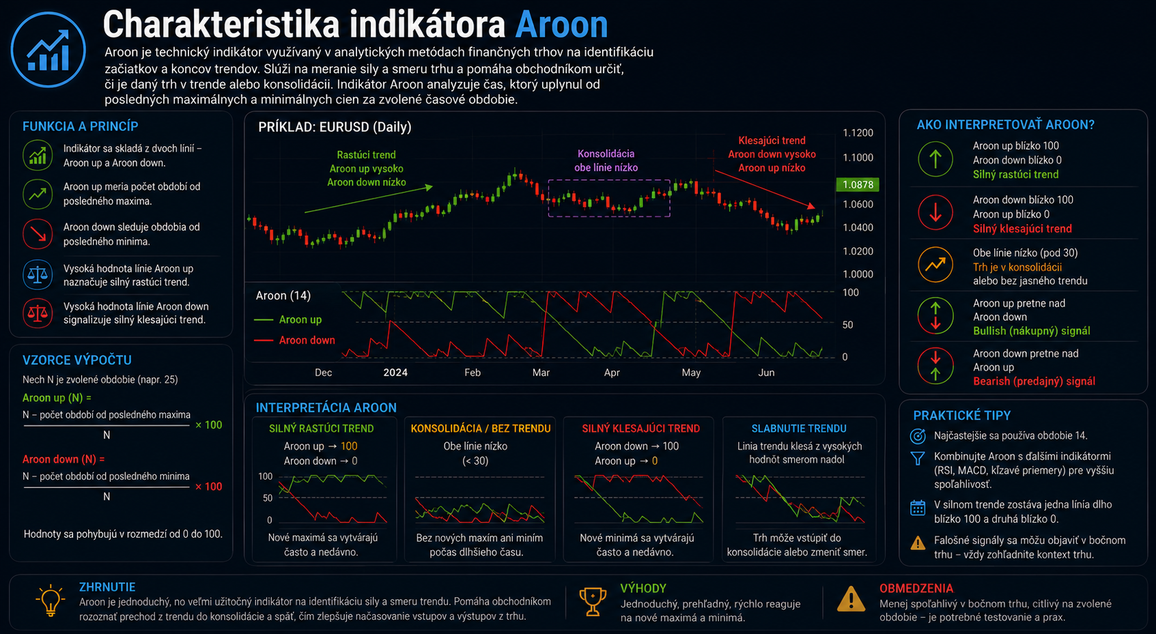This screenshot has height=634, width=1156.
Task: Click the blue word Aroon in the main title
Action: coord(561,25)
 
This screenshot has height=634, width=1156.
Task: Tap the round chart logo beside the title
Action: coord(48,50)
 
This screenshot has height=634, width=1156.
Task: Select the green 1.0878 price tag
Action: coord(857,185)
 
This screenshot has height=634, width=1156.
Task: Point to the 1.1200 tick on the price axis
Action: coord(858,133)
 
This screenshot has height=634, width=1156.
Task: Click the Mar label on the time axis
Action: coord(541,373)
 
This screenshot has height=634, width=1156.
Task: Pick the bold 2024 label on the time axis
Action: coord(395,373)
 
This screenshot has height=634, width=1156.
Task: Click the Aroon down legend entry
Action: coord(295,341)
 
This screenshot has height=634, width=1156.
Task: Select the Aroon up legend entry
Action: coord(288,320)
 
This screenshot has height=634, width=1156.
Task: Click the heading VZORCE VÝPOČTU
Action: coord(77,360)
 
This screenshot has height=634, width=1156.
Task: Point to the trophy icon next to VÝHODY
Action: coord(593,601)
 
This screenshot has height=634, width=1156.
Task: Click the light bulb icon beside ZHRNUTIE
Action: coord(50,601)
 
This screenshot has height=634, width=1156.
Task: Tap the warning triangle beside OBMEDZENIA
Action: coord(851,599)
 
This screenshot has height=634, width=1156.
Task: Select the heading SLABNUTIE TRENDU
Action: coord(799,429)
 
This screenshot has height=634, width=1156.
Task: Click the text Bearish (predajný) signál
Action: coord(1034,381)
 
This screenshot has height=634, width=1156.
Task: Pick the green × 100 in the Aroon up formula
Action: coord(208,425)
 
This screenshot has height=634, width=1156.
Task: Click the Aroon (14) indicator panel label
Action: coord(283,296)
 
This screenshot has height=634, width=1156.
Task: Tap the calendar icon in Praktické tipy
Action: coord(918,508)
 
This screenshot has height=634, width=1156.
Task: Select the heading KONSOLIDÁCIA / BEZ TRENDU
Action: coord(481,429)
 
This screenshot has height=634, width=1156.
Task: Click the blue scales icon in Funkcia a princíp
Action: coord(38,274)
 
